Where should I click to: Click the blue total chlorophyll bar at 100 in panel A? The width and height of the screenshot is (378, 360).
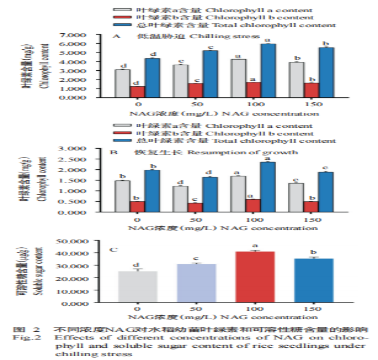point(268,70)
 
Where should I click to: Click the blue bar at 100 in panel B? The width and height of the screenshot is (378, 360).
point(268,186)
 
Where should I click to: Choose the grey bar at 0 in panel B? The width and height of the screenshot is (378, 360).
point(122,196)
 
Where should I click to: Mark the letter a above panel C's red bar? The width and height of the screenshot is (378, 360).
point(255,245)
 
